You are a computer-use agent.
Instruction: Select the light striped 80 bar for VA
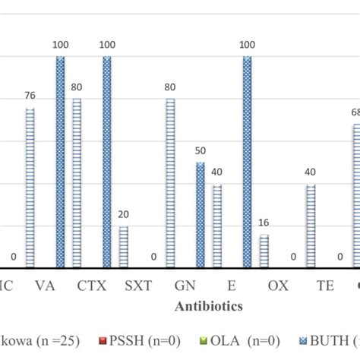[76, 182]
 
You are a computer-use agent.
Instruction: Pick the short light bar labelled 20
[123, 247]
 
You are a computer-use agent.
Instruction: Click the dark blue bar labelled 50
[200, 215]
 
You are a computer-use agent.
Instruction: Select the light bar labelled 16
[264, 251]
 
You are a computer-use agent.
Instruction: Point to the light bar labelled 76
[30, 188]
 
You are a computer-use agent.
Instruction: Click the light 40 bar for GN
[216, 226]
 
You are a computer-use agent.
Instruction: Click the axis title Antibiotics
[209, 306]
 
